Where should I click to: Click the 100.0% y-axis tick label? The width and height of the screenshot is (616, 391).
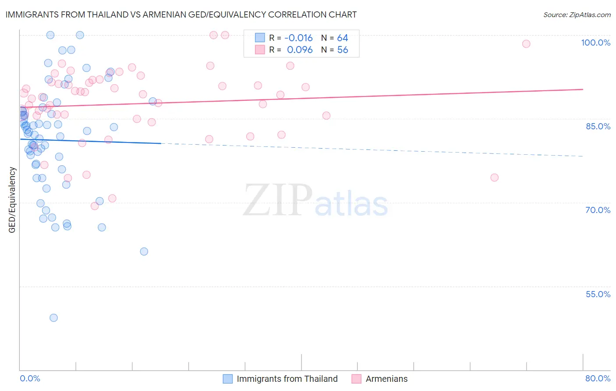pyautogui.click(x=595, y=43)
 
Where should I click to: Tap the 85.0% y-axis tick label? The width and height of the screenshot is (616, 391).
pyautogui.click(x=598, y=126)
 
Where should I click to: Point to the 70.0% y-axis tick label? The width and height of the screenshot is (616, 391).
pyautogui.click(x=598, y=210)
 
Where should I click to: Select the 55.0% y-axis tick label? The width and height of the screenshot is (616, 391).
pyautogui.click(x=598, y=294)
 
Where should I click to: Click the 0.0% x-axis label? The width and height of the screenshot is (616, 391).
pyautogui.click(x=30, y=378)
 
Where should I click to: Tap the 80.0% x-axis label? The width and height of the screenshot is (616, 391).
pyautogui.click(x=598, y=378)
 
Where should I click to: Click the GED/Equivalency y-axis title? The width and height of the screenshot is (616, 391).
pyautogui.click(x=12, y=200)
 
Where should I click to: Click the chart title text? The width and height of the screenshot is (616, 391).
pyautogui.click(x=181, y=14)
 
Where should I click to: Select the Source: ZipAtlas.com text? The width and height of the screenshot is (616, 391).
pyautogui.click(x=577, y=15)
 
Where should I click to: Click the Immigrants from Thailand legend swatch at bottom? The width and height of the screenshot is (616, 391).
pyautogui.click(x=228, y=379)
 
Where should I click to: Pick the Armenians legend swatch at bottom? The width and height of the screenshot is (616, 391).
pyautogui.click(x=357, y=379)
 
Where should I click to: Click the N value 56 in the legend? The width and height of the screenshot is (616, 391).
pyautogui.click(x=343, y=50)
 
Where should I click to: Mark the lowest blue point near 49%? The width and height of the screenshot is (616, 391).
pyautogui.click(x=53, y=318)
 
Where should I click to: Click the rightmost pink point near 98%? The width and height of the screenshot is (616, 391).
pyautogui.click(x=526, y=44)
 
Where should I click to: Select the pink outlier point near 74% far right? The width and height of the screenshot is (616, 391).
pyautogui.click(x=495, y=178)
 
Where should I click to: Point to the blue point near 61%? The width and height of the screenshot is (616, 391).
pyautogui.click(x=144, y=252)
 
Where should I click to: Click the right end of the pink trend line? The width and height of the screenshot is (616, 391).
pyautogui.click(x=583, y=89)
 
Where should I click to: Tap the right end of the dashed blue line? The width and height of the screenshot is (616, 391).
pyautogui.click(x=583, y=156)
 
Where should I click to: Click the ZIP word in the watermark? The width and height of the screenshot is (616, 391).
pyautogui.click(x=278, y=200)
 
